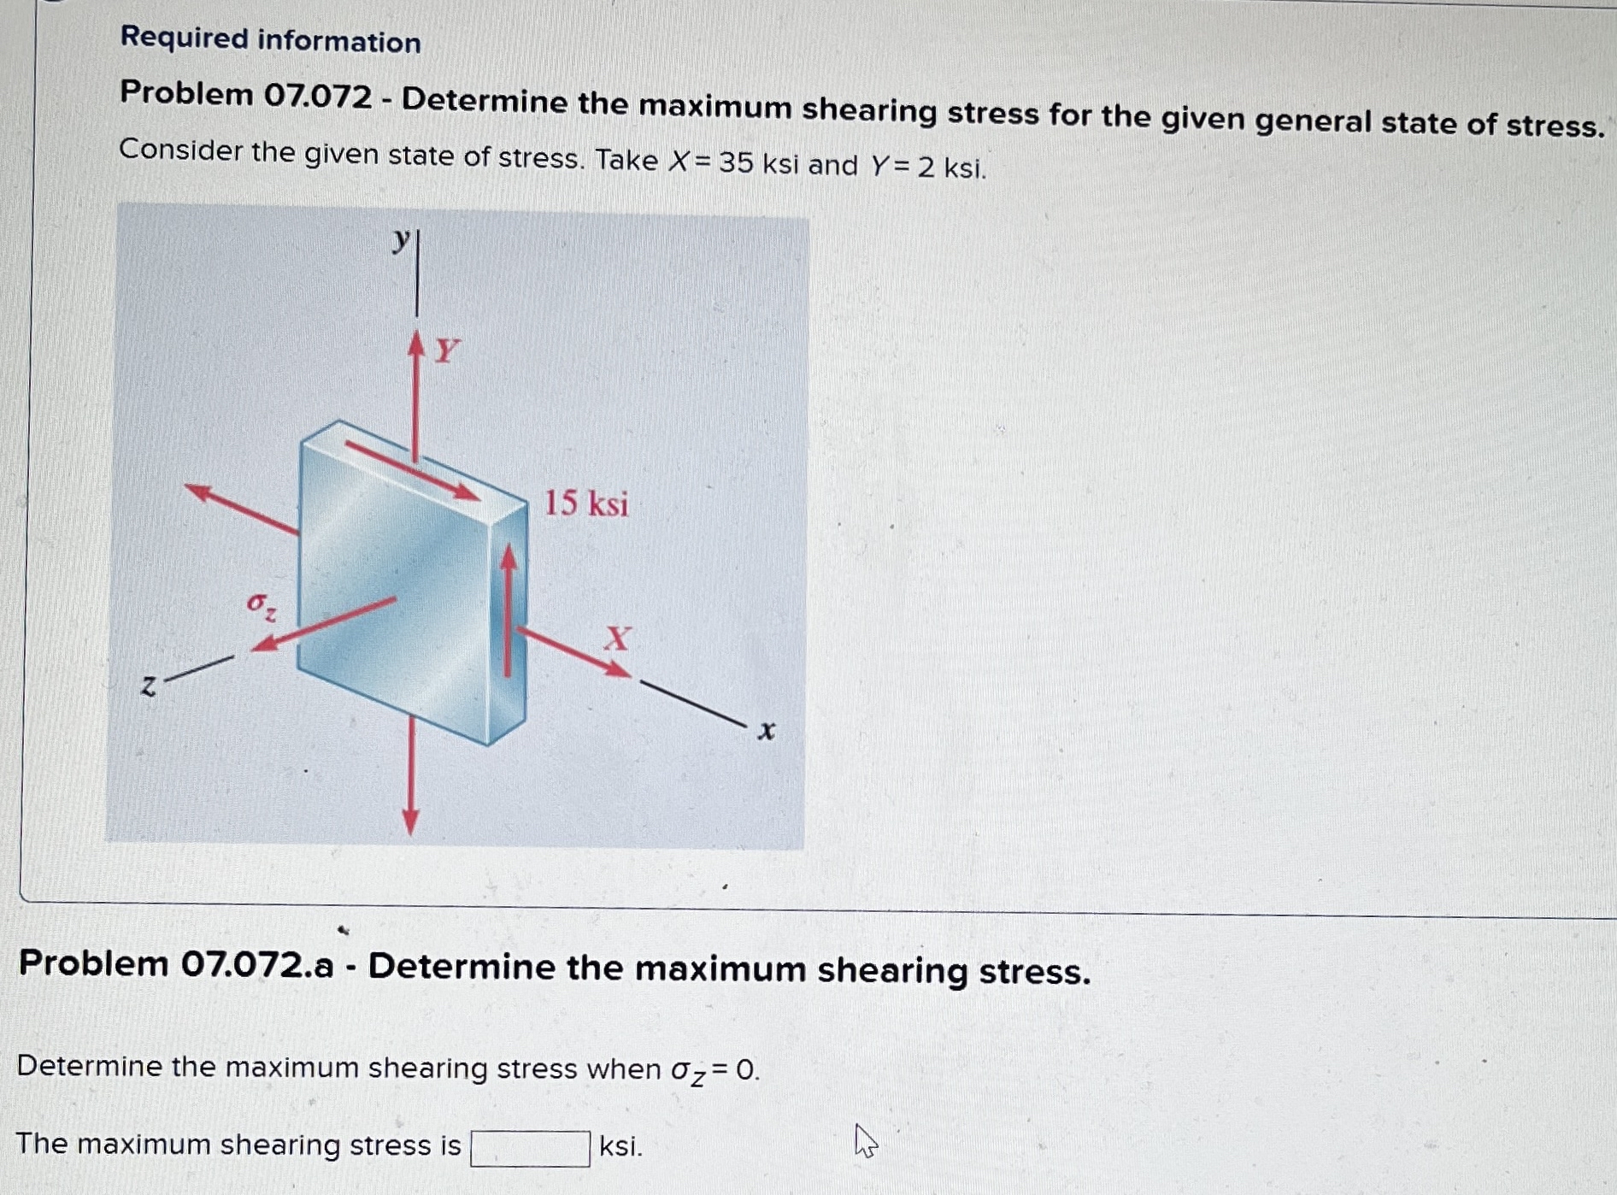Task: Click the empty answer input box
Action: coord(530,1148)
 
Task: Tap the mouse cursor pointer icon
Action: coord(865,1140)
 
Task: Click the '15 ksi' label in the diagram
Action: coord(586,503)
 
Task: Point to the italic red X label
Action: coord(617,638)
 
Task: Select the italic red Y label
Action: coord(447,350)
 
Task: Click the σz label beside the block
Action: coord(261,605)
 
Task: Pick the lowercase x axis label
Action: coord(767,731)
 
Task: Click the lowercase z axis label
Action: coord(149,686)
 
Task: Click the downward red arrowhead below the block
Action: coord(410,821)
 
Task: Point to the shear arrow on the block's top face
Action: coord(413,469)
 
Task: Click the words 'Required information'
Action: coord(270,39)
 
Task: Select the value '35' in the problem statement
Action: coord(736,162)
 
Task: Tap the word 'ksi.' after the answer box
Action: coord(620,1145)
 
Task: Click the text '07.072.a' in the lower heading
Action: coord(256,964)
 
